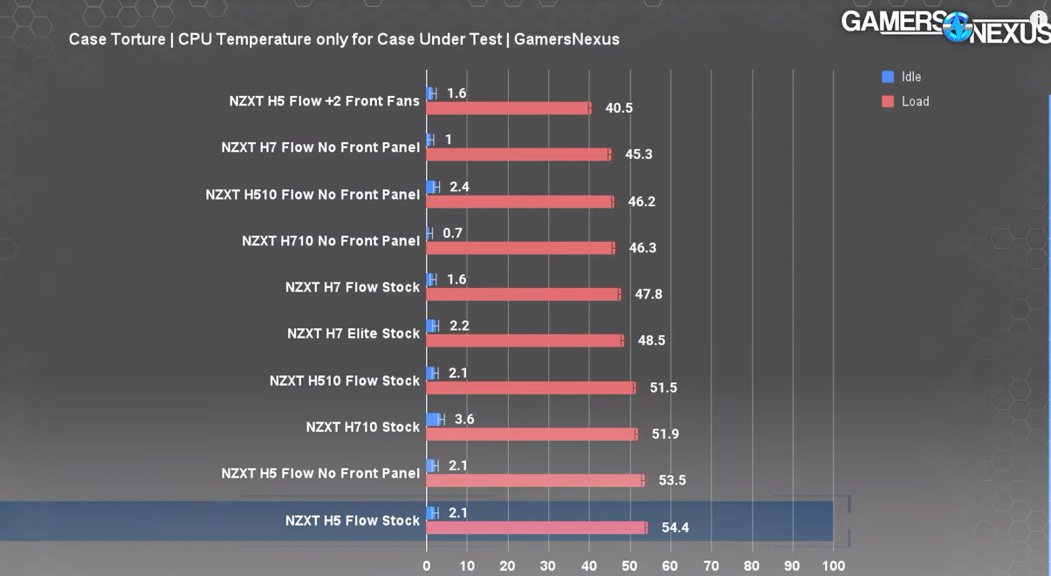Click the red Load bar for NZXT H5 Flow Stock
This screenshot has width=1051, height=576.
pos(536,527)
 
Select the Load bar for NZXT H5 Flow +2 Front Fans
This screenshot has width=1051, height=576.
pos(508,108)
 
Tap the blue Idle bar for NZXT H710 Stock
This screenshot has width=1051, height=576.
pos(434,420)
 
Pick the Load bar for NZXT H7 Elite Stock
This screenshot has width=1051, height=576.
pos(524,340)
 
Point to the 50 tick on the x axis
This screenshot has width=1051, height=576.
pos(629,566)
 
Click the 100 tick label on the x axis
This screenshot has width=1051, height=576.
pos(833,566)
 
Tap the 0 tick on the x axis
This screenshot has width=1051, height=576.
pos(426,566)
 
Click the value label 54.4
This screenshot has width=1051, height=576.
pos(675,527)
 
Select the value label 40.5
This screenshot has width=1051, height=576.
pos(619,108)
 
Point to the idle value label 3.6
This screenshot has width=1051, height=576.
pos(464,420)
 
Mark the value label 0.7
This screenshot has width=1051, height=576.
pos(452,233)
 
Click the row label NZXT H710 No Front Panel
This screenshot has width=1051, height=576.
pos(331,241)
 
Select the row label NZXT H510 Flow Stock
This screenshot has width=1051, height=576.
pos(345,381)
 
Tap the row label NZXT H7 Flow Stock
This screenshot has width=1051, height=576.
pos(353,287)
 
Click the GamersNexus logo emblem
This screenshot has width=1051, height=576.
pos(957,26)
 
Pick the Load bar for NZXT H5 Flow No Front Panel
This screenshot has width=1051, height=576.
pos(534,480)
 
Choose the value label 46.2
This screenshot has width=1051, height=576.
pos(642,202)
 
